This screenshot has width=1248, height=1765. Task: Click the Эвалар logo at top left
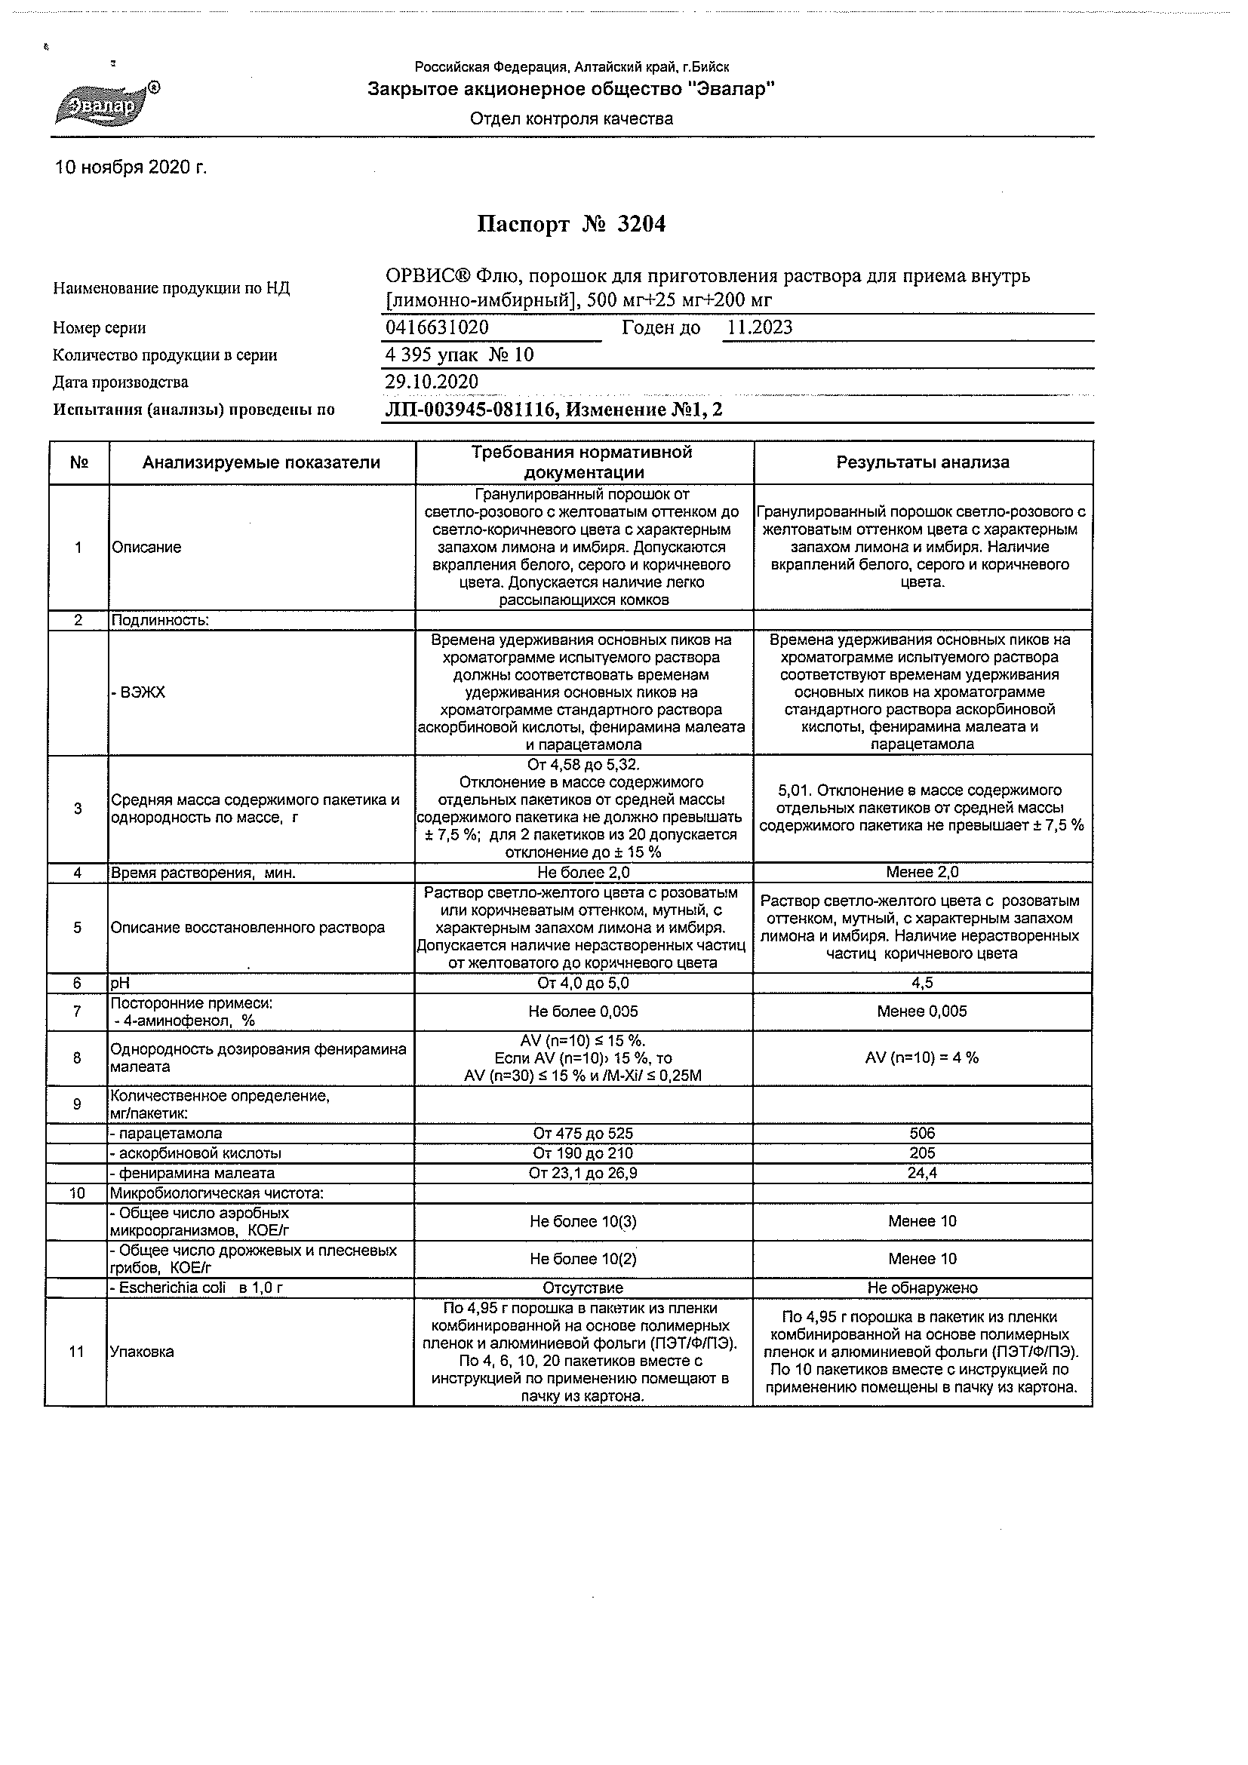coord(106,104)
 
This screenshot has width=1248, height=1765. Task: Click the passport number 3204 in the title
coord(641,225)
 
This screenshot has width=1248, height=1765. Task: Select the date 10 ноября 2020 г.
coord(131,167)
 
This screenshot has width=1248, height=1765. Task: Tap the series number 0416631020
coord(437,327)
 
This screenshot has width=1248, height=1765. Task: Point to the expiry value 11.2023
coord(760,327)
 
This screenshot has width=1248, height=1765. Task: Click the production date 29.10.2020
coord(432,382)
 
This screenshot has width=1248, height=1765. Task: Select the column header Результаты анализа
coord(923,463)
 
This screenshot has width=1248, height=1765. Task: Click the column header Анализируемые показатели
coord(261,463)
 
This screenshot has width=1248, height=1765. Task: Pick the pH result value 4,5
coord(922,984)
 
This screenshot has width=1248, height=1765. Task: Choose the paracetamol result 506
coord(922,1134)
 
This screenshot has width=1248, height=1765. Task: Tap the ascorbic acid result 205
coord(922,1154)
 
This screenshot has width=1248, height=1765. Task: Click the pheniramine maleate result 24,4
coord(922,1174)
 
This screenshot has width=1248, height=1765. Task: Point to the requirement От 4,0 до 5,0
coord(583,984)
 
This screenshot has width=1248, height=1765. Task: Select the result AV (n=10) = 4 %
coord(922,1057)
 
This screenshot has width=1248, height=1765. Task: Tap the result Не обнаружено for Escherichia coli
coord(922,1288)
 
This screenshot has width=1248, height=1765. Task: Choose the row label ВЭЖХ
coord(140,692)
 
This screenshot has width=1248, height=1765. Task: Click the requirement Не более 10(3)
coord(583,1221)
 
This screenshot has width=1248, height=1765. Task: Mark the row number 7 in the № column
coord(77,1011)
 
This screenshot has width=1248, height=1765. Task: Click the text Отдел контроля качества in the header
coord(571,119)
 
